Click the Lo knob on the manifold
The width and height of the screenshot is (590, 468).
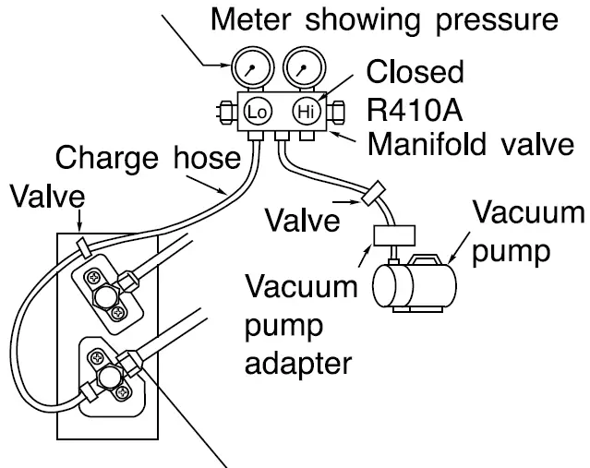258,112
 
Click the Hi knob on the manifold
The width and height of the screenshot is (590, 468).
307,112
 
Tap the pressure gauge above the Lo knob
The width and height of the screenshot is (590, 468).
252,68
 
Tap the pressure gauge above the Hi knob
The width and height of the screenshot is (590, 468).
304,68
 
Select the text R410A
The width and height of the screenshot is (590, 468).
415,110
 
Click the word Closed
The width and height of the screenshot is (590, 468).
415,72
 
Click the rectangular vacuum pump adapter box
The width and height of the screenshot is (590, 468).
394,236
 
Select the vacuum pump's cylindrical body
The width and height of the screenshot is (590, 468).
415,286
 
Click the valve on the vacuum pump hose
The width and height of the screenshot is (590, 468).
373,193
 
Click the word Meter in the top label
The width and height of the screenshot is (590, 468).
251,19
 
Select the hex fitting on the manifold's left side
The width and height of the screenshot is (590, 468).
227,112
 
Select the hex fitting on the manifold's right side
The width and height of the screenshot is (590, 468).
336,112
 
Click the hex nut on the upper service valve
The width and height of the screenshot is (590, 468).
105,296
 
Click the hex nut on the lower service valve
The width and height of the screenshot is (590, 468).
110,378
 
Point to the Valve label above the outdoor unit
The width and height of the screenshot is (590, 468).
48,197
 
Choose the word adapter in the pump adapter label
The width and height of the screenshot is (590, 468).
298,364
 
